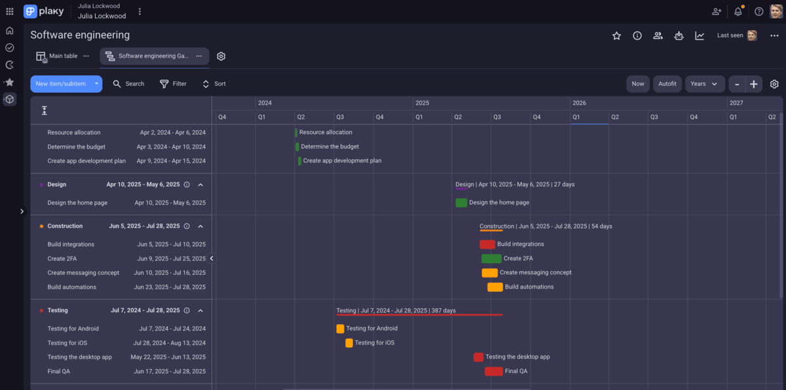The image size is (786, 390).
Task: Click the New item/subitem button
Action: [x=60, y=84]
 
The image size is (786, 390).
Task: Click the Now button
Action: [x=638, y=84]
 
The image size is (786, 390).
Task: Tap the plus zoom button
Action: [x=754, y=84]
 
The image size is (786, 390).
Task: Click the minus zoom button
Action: [x=737, y=84]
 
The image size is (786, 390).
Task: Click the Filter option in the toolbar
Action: [x=173, y=84]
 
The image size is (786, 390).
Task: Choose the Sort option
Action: [x=214, y=84]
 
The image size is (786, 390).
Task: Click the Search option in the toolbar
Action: [x=128, y=84]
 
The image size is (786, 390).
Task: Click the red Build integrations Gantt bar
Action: [x=487, y=244]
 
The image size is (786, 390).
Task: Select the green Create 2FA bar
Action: [x=491, y=258]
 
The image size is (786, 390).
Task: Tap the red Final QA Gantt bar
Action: [x=493, y=371]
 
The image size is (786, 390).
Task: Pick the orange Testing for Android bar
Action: [x=340, y=328]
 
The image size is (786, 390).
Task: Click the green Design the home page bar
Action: [x=461, y=202]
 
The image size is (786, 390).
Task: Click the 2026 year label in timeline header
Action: [x=579, y=103]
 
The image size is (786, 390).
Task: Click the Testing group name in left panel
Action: [x=58, y=310]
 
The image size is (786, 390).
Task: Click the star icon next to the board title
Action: [x=616, y=36]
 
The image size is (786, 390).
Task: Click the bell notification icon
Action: [x=738, y=11]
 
